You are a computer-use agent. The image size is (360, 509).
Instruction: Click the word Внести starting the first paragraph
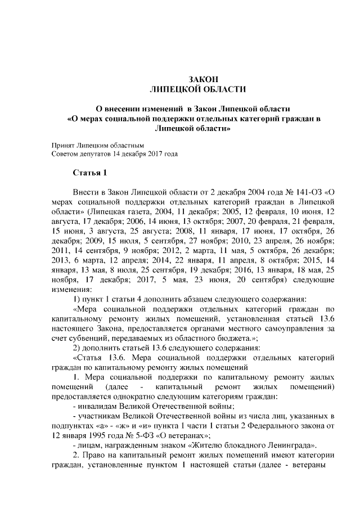point(87,192)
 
